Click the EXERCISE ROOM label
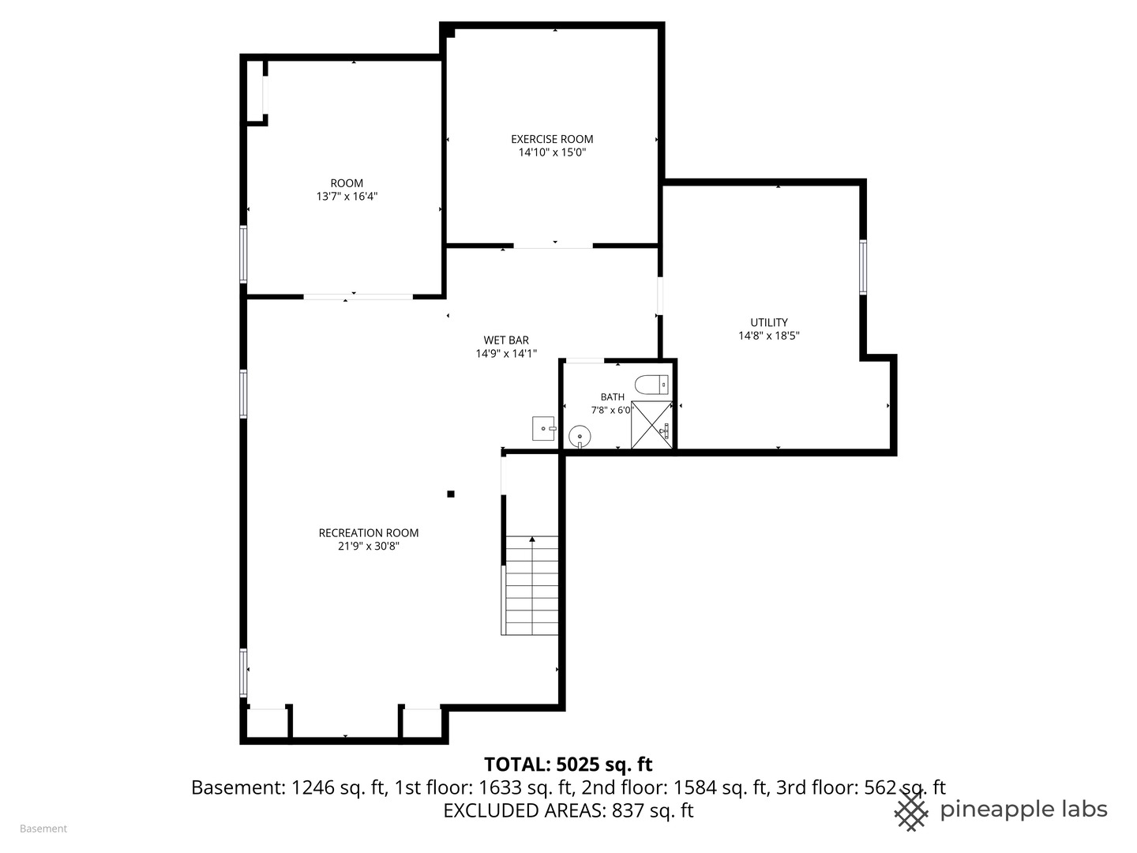(552, 139)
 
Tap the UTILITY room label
(768, 322)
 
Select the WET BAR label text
(506, 340)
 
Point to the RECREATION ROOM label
(369, 533)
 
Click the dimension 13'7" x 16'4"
(347, 197)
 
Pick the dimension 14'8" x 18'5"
(768, 336)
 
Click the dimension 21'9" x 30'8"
(369, 547)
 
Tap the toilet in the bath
(653, 385)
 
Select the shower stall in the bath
(651, 425)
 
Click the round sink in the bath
(580, 435)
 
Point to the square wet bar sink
(544, 428)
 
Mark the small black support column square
(451, 494)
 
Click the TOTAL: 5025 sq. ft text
(568, 765)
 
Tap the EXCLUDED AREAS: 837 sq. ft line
(568, 810)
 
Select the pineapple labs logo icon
(911, 810)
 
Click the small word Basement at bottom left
(43, 829)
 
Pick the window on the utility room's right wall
(863, 267)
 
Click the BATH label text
(612, 397)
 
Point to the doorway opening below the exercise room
(553, 246)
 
